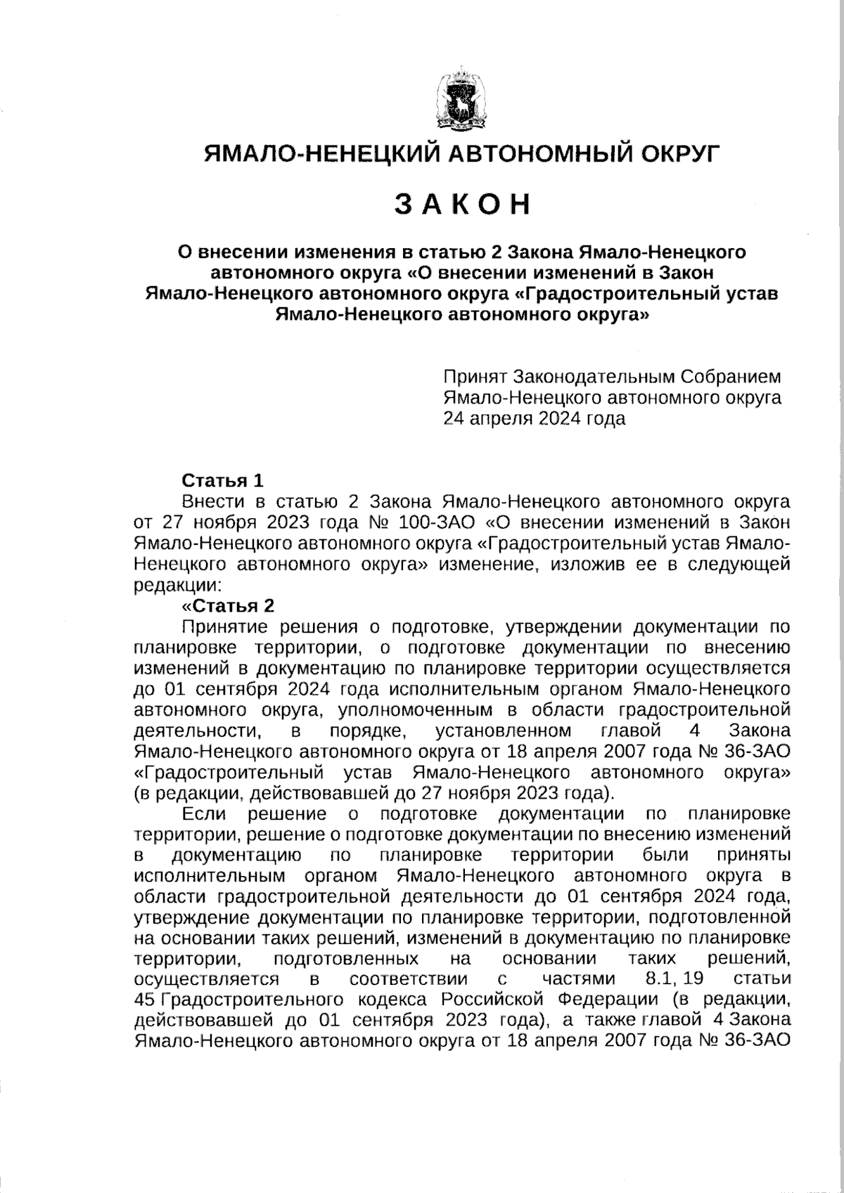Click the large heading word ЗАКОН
461,204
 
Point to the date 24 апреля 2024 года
534,419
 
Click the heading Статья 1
222,481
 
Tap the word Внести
212,502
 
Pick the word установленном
504,730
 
